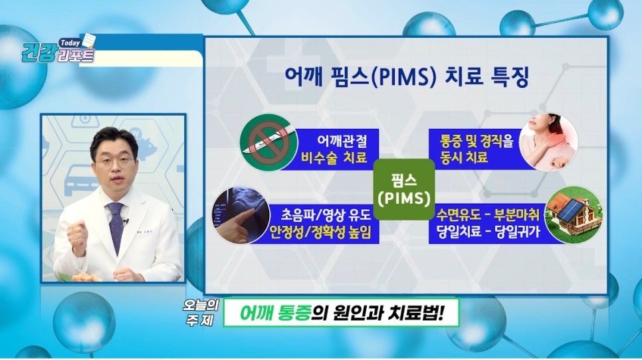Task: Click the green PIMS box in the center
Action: [404, 189]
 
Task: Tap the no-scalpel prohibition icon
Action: [268, 142]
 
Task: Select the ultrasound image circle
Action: [241, 215]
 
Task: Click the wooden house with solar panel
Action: [574, 215]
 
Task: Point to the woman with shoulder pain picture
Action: [549, 142]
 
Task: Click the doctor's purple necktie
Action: [116, 226]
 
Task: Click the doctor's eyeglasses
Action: [114, 161]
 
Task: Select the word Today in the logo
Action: [70, 43]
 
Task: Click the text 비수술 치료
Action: [334, 157]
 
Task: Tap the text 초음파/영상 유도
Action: [326, 215]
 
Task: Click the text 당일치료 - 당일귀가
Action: [488, 232]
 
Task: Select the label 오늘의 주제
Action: [200, 313]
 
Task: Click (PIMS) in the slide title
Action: [403, 77]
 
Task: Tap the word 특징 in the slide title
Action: [510, 77]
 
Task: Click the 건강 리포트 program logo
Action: [58, 50]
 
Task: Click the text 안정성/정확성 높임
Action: [320, 232]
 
